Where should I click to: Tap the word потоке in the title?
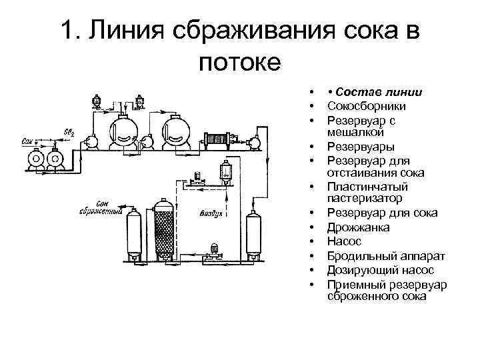coord(240,64)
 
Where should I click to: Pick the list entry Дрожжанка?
coord(359,227)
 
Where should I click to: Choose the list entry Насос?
coord(345,242)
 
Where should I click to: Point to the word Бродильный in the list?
coord(360,256)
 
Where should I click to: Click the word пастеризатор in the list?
coord(365,198)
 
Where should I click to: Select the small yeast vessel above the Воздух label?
coord(225,173)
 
